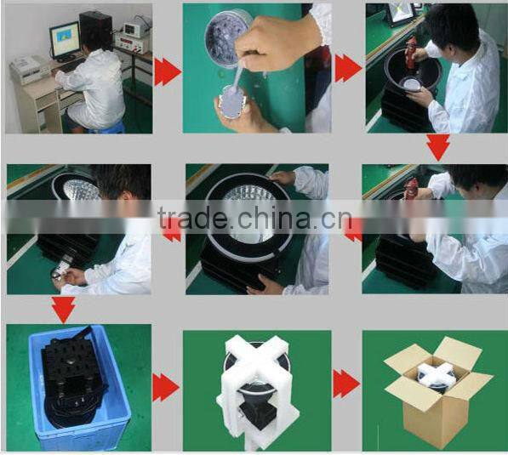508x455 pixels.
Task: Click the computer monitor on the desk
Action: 66,41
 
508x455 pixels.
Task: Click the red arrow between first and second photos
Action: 167,72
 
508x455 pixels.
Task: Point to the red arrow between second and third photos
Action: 348,69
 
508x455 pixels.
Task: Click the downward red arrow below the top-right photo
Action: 438,147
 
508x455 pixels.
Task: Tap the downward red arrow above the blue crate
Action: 63,310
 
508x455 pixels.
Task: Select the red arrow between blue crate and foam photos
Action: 166,387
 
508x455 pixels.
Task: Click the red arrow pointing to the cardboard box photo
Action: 346,384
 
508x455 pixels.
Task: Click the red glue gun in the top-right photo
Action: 412,53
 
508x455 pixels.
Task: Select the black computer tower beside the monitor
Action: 96,30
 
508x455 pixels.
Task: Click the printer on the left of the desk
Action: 29,70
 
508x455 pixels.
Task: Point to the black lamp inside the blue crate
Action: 74,376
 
